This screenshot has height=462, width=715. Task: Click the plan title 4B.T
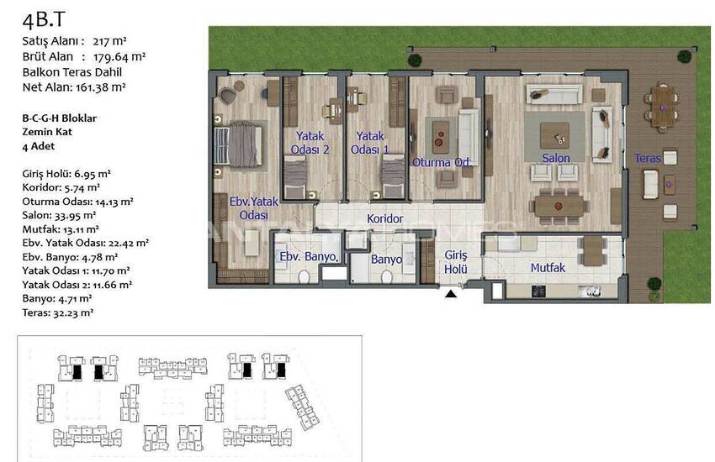point(43,19)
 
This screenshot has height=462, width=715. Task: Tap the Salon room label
point(556,158)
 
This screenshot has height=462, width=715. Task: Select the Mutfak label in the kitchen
point(548,268)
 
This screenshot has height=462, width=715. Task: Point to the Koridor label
point(385,219)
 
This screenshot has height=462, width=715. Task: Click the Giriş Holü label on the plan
point(456,262)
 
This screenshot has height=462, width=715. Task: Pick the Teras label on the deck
point(648,159)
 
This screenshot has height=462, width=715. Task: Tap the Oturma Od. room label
point(442,162)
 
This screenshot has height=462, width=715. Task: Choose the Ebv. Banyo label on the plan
point(309,257)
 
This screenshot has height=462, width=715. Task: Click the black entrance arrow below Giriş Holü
point(451,294)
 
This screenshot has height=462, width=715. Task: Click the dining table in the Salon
point(559,206)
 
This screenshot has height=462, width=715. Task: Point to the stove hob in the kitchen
point(538,291)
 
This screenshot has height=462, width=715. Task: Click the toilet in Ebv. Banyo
point(304,276)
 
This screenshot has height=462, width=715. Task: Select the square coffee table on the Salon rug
point(554,135)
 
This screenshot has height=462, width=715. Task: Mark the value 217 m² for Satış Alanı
point(109,41)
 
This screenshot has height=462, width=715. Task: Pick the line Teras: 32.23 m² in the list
point(57,312)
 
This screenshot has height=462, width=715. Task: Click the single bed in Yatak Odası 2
point(295,177)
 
